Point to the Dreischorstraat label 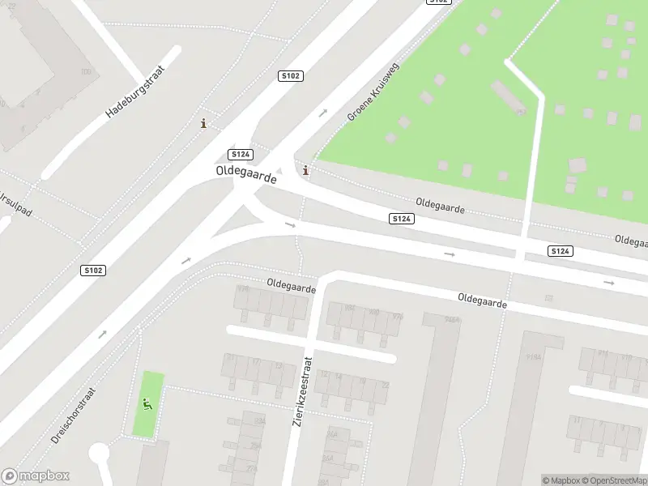(x=73, y=415)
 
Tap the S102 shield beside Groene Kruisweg (x=290, y=75)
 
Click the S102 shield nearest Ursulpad (x=93, y=269)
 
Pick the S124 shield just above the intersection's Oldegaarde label (x=241, y=154)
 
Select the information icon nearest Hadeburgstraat (x=203, y=124)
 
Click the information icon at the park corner (x=305, y=170)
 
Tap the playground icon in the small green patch (x=147, y=404)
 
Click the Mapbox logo (x=35, y=476)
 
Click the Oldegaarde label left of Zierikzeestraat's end (x=292, y=286)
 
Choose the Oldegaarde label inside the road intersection (x=246, y=174)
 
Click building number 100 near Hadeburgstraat (x=87, y=72)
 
